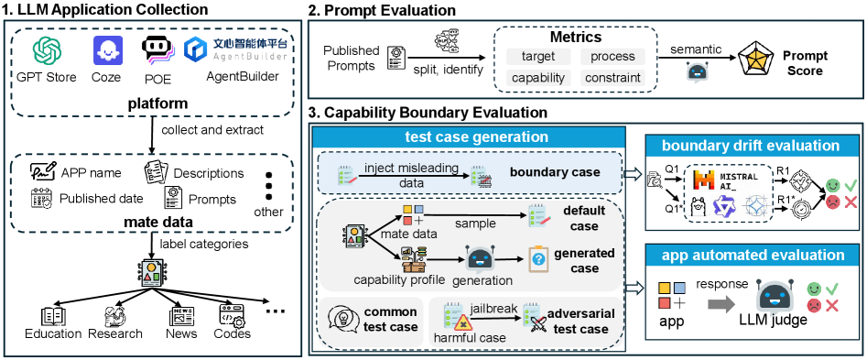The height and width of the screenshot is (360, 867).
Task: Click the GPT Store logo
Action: [x=48, y=52]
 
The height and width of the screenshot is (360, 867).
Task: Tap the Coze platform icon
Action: [x=108, y=51]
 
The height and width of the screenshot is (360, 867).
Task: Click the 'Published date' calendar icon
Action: [x=41, y=199]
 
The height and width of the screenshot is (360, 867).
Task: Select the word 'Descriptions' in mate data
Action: [x=209, y=173]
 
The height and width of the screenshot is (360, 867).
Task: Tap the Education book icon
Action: [x=54, y=316]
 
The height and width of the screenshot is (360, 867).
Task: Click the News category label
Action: [x=181, y=333]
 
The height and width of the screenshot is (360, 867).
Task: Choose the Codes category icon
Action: [x=233, y=316]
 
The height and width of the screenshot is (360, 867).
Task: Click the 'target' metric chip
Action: [x=538, y=56]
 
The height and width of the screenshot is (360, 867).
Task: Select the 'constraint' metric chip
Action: [x=612, y=78]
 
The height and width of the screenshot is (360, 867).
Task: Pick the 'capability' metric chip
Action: [x=538, y=78]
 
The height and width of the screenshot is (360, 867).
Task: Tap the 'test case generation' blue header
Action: [x=470, y=136]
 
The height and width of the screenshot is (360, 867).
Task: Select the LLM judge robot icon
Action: [x=773, y=300]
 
